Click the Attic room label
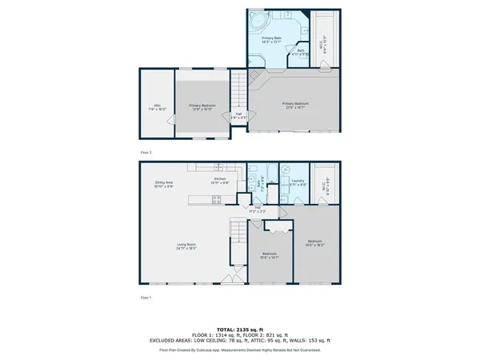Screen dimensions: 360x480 point(157,106)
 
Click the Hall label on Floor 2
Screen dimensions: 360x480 point(234,116)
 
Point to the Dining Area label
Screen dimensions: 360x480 point(165,184)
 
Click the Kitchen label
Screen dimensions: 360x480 point(219,181)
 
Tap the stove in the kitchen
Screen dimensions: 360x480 point(217,200)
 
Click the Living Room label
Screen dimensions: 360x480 point(186,246)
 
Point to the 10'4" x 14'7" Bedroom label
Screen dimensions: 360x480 point(269,256)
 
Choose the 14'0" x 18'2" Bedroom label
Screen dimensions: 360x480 point(315,243)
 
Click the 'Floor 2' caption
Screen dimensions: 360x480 point(145,152)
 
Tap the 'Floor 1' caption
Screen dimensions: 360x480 point(145,297)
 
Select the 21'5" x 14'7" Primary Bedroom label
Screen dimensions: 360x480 point(294,105)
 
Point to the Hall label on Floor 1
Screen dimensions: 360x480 point(258,209)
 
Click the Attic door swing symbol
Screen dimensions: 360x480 point(169,120)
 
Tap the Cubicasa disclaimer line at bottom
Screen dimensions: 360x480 point(240,350)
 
